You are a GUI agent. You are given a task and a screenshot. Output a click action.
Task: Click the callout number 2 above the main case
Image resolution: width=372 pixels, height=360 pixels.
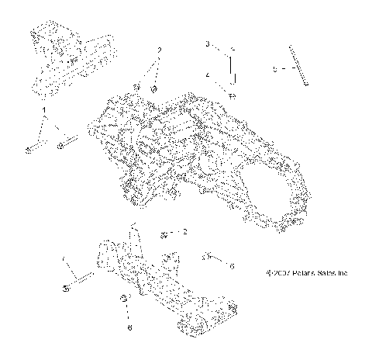(x=159, y=50)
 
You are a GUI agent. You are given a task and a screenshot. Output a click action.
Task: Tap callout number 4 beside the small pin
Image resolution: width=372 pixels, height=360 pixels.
(x=208, y=75)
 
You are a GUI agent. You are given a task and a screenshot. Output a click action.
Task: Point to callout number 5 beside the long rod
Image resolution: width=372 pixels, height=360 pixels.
(x=274, y=68)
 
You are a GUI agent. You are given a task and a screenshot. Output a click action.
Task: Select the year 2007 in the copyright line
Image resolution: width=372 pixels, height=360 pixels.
(x=281, y=273)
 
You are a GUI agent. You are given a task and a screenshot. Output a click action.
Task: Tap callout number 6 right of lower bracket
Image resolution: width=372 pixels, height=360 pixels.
(x=231, y=265)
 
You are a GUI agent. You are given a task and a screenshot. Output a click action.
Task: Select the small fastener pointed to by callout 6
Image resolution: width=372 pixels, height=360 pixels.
(x=206, y=255)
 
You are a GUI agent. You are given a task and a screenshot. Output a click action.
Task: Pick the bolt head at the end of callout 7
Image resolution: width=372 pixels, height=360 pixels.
(x=66, y=287)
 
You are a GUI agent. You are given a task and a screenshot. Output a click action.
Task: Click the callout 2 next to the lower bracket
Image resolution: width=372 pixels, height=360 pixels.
(x=184, y=230)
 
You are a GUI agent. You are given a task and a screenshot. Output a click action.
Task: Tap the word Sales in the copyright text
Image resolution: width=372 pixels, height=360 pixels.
(x=330, y=273)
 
